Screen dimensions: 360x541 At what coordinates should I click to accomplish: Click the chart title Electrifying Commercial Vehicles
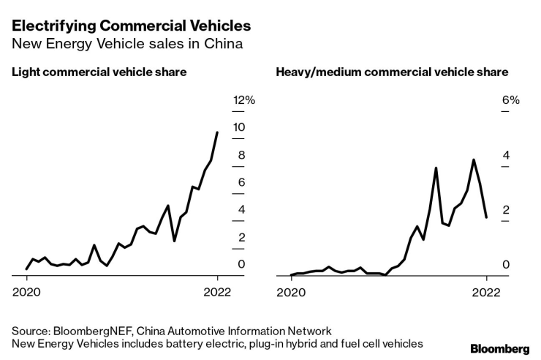tap(130, 26)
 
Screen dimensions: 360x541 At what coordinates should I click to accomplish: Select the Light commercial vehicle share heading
tap(98, 72)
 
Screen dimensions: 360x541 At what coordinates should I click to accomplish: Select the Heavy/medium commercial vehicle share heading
tap(392, 72)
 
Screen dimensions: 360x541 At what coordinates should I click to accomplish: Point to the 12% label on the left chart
tap(243, 100)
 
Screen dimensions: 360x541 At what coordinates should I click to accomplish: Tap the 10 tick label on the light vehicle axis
tap(239, 127)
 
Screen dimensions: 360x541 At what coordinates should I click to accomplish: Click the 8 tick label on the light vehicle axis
tap(241, 155)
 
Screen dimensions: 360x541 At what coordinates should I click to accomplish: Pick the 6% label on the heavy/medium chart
tap(510, 100)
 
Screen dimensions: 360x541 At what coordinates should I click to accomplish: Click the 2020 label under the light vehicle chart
tap(27, 291)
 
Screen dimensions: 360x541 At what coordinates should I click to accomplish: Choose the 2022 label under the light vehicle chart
tap(217, 291)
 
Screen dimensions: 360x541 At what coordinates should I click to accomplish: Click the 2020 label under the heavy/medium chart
tap(291, 291)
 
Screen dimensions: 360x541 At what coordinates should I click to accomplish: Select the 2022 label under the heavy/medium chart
tap(486, 291)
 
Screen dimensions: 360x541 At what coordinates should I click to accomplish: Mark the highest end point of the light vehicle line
tap(217, 132)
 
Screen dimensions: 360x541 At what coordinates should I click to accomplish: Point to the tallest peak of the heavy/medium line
tap(474, 160)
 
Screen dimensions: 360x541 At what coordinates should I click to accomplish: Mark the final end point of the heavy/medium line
tap(486, 217)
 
